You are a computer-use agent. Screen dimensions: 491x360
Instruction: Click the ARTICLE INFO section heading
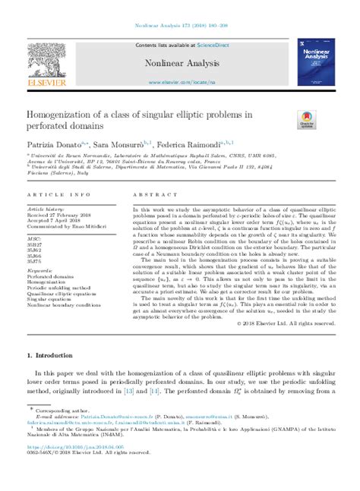click(51, 194)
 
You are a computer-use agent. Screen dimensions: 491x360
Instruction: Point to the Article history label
click(46, 207)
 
